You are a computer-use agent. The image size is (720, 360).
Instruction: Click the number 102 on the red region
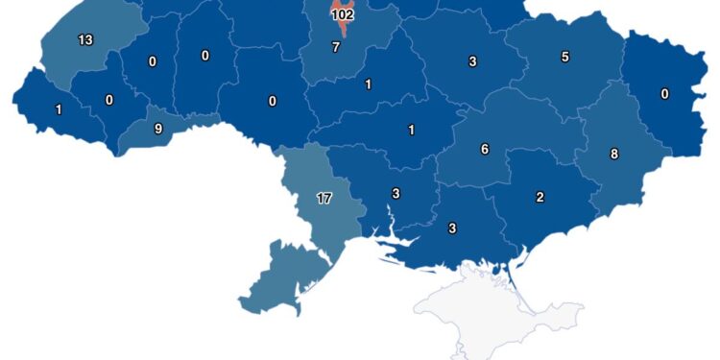(x=342, y=15)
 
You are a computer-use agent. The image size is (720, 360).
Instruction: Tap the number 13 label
(x=85, y=40)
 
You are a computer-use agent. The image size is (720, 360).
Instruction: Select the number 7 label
(x=335, y=47)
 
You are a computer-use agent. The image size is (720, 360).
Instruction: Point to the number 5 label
(x=564, y=57)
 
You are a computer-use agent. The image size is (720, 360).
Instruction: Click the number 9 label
(x=158, y=128)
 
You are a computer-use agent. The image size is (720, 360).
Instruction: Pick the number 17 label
(x=324, y=199)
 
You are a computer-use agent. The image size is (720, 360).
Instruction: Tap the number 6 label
(x=485, y=149)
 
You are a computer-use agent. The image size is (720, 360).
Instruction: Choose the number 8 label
(x=614, y=154)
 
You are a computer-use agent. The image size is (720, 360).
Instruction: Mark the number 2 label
(x=540, y=198)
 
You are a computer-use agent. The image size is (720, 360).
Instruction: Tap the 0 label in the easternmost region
(x=665, y=94)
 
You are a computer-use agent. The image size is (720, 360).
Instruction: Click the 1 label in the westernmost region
(x=59, y=109)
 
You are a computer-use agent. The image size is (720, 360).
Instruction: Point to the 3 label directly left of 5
(x=473, y=61)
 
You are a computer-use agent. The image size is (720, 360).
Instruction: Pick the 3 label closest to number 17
(x=396, y=194)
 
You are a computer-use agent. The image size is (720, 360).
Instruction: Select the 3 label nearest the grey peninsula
(x=452, y=228)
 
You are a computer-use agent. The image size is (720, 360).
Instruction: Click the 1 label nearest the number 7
(x=369, y=84)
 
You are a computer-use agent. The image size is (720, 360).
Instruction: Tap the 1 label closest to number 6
(x=412, y=130)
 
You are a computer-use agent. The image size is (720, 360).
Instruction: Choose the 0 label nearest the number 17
(x=273, y=101)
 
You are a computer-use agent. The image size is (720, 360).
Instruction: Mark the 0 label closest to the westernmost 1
(x=108, y=99)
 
